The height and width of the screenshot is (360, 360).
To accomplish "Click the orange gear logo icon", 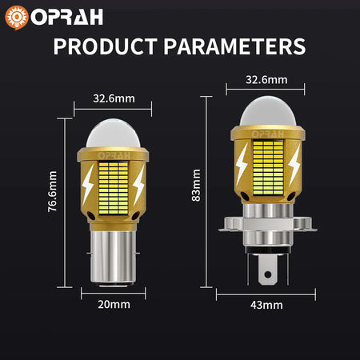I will (17, 15).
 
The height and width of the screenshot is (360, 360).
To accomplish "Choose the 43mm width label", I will (266, 305).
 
